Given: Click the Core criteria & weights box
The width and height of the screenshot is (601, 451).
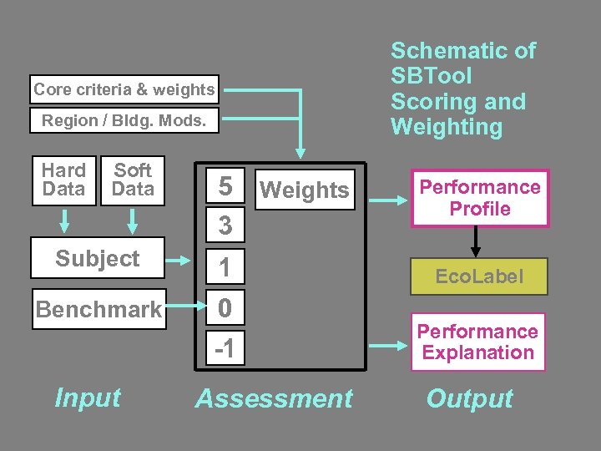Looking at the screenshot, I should point(124,89).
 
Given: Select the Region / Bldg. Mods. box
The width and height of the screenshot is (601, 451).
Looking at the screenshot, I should point(124,120).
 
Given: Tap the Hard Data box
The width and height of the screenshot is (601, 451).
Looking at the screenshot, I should point(64,180).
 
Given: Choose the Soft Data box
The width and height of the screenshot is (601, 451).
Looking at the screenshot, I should point(133,180).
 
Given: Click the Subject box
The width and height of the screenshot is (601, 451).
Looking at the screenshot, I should point(97,258).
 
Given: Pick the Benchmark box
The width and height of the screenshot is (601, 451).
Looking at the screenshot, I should point(98,310).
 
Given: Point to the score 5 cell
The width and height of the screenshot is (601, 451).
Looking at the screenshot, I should point(225,187).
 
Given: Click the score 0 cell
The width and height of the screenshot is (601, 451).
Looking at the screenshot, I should point(225,309).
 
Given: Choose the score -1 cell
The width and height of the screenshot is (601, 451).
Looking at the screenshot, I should point(225,348).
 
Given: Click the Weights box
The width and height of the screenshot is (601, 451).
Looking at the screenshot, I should point(305,190).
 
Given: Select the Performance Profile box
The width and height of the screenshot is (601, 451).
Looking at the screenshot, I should point(480,198).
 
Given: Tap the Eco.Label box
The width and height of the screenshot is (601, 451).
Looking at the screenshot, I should point(479,276).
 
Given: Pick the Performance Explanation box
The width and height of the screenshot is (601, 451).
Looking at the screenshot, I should point(477,342).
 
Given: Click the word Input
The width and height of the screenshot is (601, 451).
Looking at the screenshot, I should point(88,398).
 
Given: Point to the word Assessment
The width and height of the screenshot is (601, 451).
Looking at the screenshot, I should point(274,399).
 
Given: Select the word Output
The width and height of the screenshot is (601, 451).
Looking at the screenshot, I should point(469,399).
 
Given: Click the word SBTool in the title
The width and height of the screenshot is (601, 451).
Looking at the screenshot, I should point(431,76).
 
